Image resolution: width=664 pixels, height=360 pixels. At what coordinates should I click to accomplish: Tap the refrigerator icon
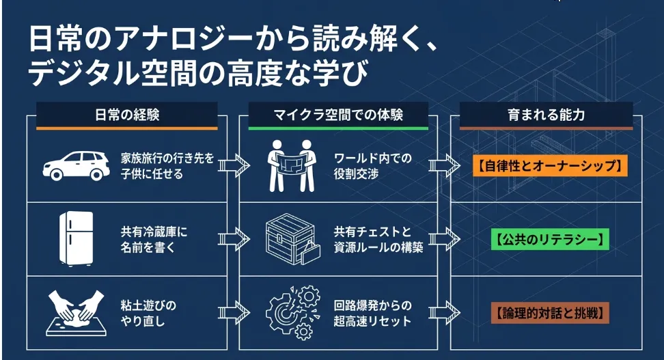[x=76, y=239]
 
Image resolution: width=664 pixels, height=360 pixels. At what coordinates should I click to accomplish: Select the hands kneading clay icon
[x=76, y=312]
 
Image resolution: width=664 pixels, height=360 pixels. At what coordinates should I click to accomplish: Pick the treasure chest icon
[x=291, y=238]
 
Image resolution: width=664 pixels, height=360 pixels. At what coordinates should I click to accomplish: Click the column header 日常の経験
[x=127, y=115]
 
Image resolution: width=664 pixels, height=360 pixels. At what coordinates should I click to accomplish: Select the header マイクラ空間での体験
[x=338, y=115]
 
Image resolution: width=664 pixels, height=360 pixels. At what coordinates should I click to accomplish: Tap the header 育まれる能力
[x=546, y=115]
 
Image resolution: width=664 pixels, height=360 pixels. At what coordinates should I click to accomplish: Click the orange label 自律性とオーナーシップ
[x=549, y=165]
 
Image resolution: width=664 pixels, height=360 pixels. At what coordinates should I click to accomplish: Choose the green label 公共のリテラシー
[x=549, y=240]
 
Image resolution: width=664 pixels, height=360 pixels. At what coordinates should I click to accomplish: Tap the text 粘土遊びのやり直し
[x=148, y=313]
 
